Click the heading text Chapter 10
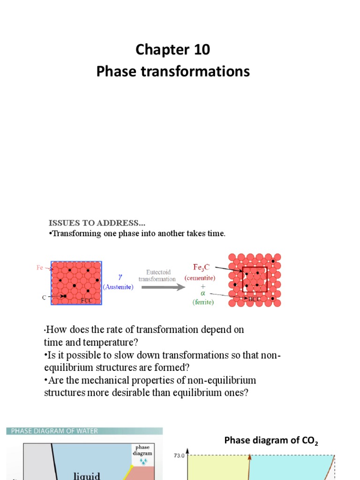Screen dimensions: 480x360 coord(173,50)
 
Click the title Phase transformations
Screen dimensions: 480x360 coord(173,72)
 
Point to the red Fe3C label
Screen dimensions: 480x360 coord(205,267)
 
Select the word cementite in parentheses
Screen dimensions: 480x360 coord(200,277)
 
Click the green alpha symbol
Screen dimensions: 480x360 coord(203,293)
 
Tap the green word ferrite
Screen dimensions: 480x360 coord(203,302)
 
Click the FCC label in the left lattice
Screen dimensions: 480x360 coord(86,300)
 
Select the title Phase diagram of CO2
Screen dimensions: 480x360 coord(271,440)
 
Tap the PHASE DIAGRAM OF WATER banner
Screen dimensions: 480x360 coord(52,431)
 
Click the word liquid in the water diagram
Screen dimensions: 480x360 coord(87,475)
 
